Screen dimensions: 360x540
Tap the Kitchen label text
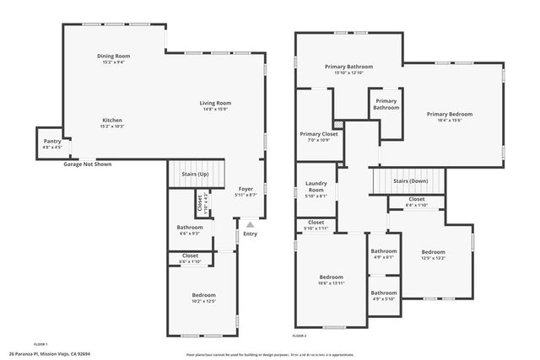pyautogui.click(x=113, y=120)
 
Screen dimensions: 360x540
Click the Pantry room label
pyautogui.click(x=51, y=142)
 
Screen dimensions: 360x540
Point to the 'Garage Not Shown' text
pyautogui.click(x=87, y=164)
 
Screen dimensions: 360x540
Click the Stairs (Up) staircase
pyautogui.click(x=197, y=175)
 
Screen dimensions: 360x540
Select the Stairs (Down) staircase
pyautogui.click(x=409, y=180)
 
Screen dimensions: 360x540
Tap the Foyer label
pyautogui.click(x=246, y=189)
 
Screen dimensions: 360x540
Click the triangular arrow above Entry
pyautogui.click(x=250, y=225)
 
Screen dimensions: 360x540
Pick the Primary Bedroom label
pyautogui.click(x=449, y=114)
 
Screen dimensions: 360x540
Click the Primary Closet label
pyautogui.click(x=319, y=134)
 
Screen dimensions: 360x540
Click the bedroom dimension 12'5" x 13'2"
pyautogui.click(x=433, y=259)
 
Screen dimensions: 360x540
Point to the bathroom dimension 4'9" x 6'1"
pyautogui.click(x=384, y=257)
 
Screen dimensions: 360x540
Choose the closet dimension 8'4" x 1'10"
pyautogui.click(x=417, y=206)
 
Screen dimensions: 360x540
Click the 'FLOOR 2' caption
pyautogui.click(x=300, y=336)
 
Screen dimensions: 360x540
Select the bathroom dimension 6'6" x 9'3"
pyautogui.click(x=190, y=234)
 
